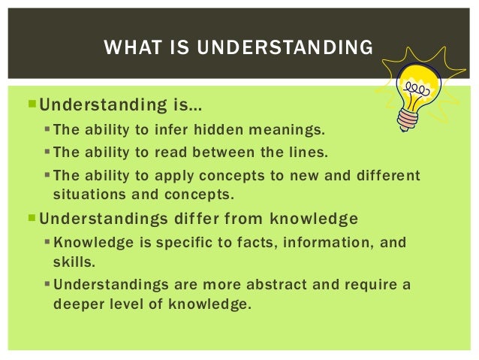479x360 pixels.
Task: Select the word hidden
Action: click(x=221, y=129)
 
